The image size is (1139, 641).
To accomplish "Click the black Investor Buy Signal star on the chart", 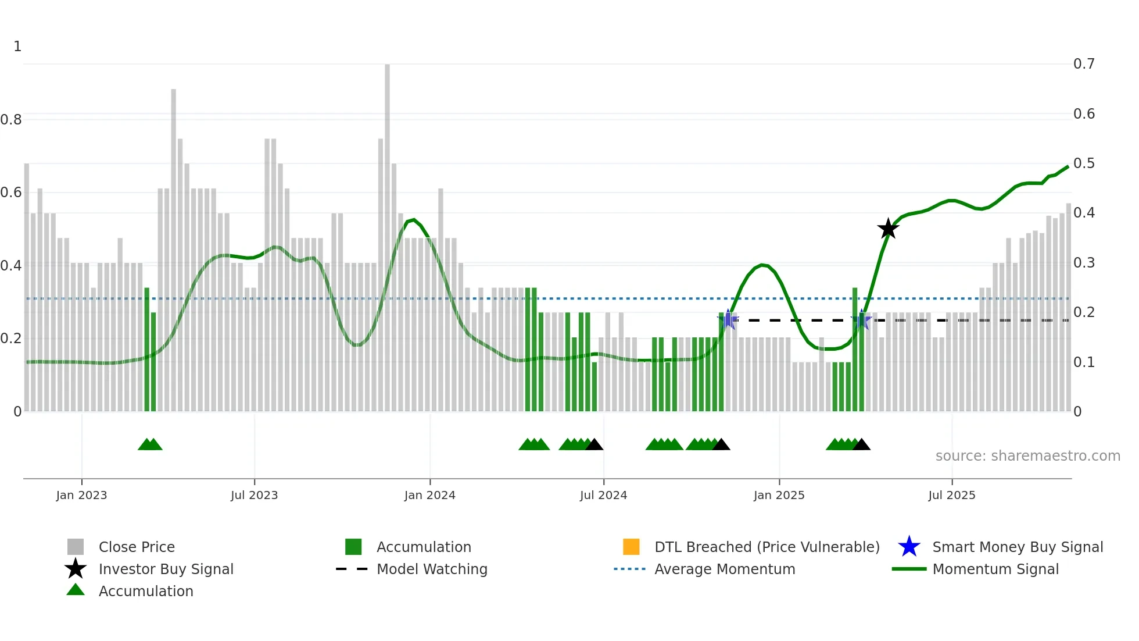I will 888,229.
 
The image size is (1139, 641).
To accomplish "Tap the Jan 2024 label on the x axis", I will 429,495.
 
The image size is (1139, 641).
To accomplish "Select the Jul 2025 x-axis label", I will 951,495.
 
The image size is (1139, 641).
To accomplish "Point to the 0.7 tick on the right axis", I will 1084,64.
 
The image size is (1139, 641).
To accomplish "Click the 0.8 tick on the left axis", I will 11,120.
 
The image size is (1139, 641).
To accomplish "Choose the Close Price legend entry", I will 137,547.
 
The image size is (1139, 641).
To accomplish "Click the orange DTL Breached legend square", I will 631,547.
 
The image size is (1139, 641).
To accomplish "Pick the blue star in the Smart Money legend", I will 909,547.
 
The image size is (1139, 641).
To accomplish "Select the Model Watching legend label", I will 432,569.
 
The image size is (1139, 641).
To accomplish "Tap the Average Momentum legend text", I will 725,569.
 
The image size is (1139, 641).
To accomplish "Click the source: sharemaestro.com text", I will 1027,456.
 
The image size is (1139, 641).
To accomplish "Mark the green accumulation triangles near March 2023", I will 150,444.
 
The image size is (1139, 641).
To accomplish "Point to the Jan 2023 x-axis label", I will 81,495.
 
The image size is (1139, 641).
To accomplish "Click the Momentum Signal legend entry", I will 995,569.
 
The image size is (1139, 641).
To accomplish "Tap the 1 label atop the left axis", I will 17,47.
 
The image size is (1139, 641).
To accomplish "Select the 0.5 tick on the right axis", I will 1084,163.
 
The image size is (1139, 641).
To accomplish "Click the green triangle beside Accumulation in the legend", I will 76,590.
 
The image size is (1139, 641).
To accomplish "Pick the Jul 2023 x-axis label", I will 254,495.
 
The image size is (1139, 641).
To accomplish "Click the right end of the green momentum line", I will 1068,167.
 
